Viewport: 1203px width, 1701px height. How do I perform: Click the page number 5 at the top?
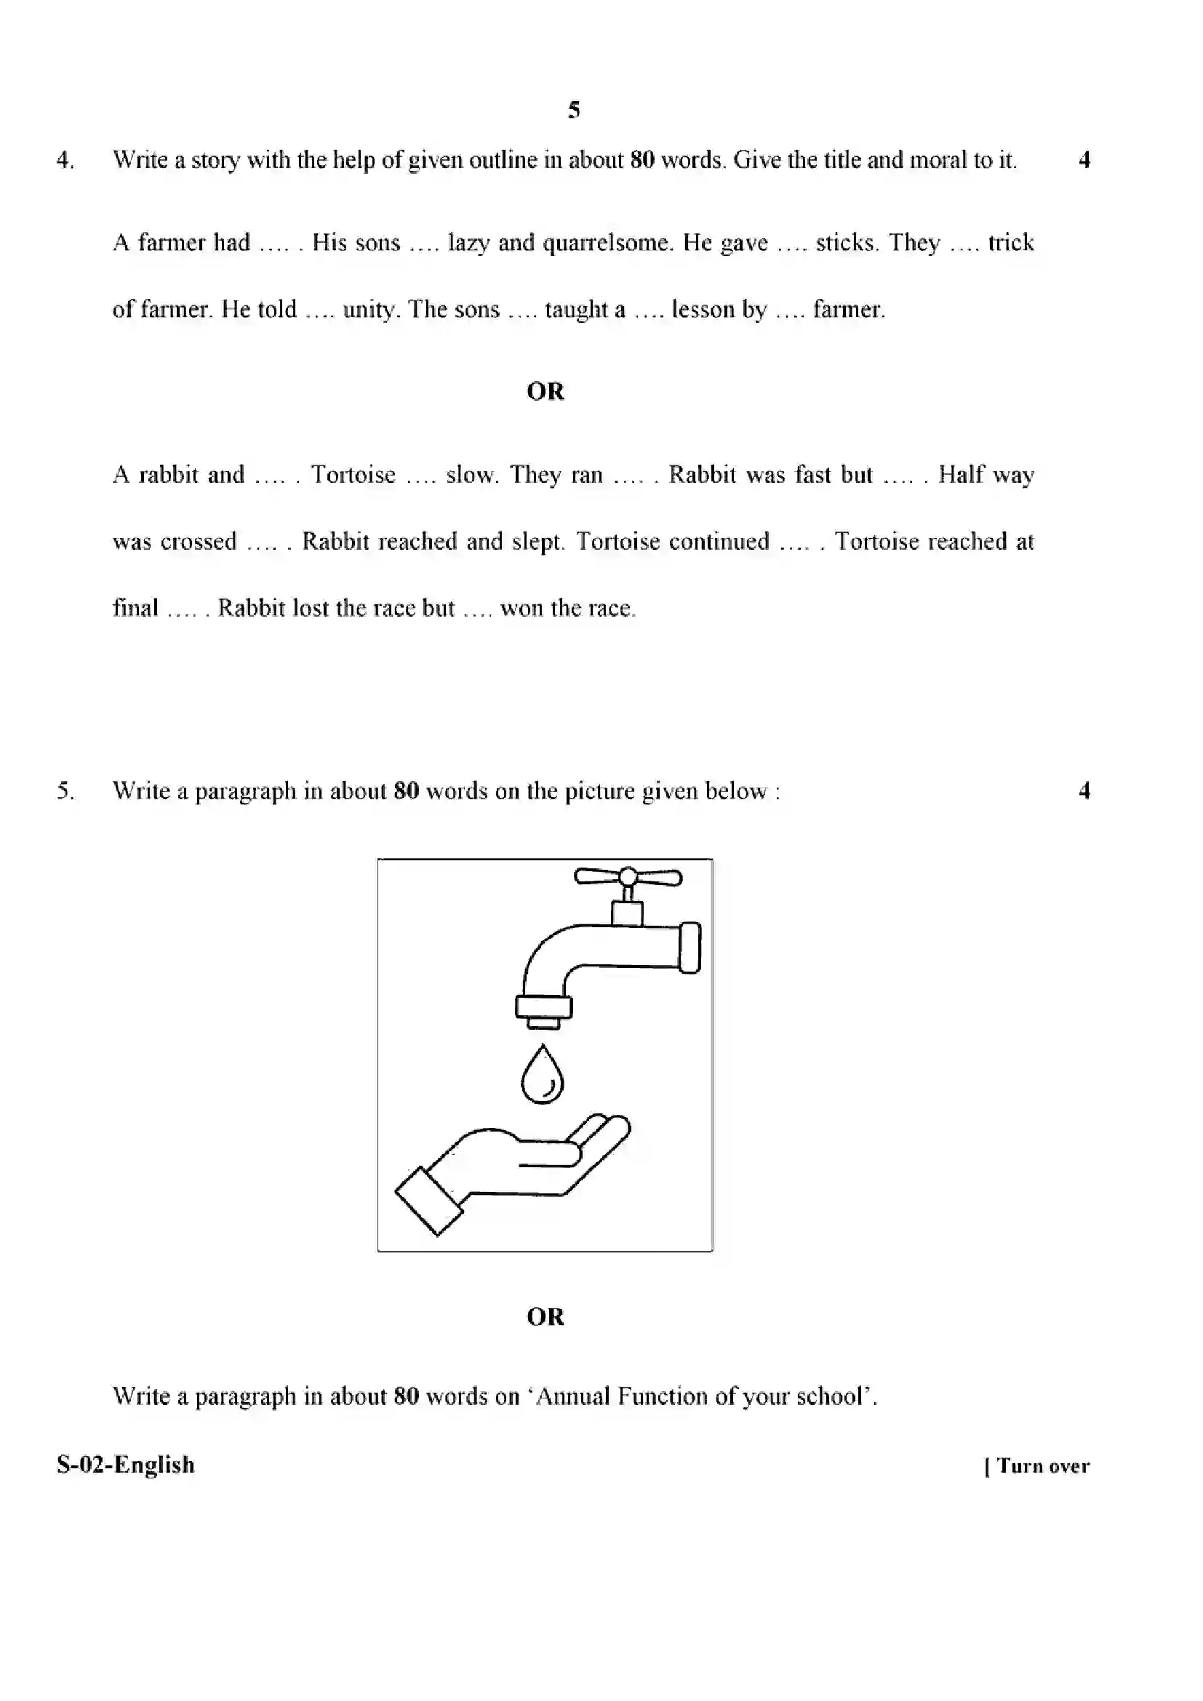tap(573, 110)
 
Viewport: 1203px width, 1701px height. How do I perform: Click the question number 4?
tap(65, 160)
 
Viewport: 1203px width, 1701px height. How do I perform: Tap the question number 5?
tap(65, 791)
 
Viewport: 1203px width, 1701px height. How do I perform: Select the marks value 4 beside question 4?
tap(1084, 160)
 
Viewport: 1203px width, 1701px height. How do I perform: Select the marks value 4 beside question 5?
tap(1084, 791)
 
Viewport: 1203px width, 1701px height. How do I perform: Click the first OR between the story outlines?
tap(545, 391)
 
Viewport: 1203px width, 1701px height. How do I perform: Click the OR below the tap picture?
tap(545, 1316)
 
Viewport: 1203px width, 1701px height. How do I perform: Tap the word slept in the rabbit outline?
tap(537, 542)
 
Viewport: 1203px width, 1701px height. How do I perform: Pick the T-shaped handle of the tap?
tap(628, 877)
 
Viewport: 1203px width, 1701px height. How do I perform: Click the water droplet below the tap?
tap(543, 1074)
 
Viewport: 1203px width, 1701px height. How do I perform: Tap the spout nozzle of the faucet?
tap(544, 1012)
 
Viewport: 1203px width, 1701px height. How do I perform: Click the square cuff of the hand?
tap(428, 1201)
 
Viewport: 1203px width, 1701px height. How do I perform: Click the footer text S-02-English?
tap(125, 1465)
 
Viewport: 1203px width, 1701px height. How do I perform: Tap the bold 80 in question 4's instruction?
tap(642, 160)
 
